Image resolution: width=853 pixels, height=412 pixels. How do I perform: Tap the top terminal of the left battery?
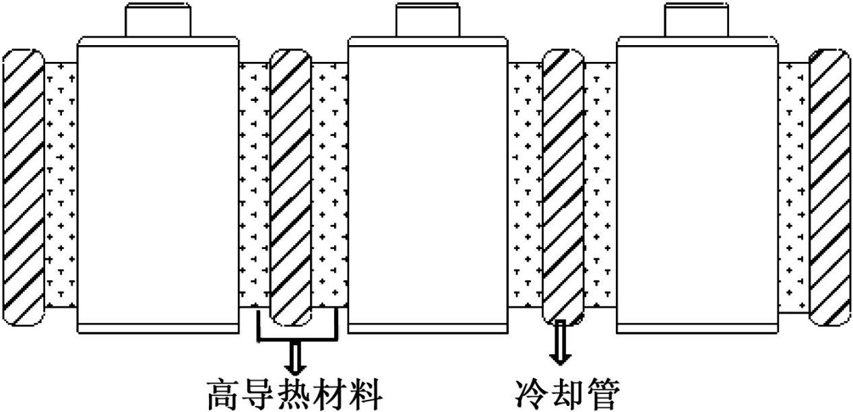tap(158, 20)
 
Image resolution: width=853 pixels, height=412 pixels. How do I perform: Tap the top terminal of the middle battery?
tap(428, 20)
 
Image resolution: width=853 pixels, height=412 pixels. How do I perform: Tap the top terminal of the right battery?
tap(697, 20)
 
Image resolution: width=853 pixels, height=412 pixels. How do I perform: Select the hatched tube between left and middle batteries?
tap(291, 185)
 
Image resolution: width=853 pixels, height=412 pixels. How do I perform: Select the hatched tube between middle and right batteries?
tap(563, 185)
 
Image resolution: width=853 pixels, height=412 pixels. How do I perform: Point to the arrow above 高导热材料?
tap(294, 357)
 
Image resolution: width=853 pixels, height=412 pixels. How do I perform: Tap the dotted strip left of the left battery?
tap(61, 185)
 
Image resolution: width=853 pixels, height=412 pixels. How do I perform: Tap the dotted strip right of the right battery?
tap(793, 185)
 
